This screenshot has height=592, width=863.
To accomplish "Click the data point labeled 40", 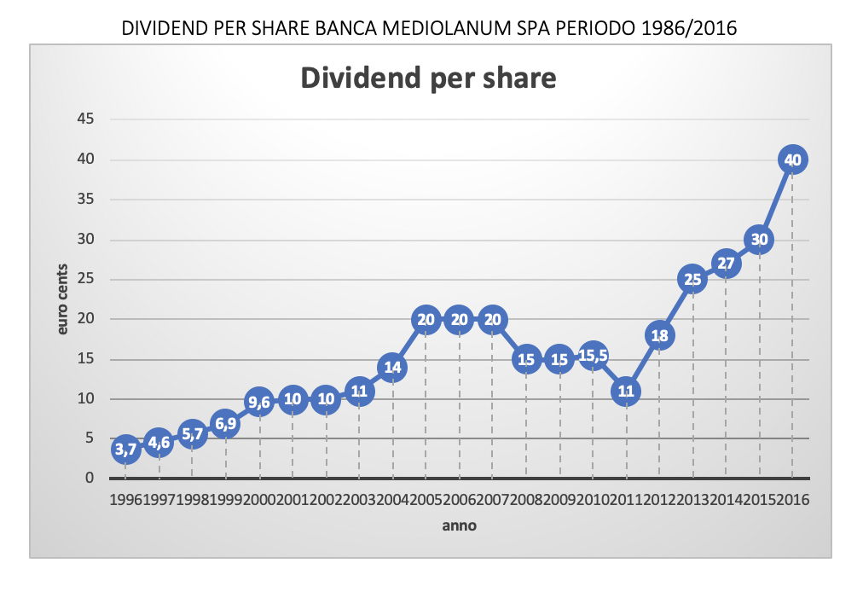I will [x=792, y=160].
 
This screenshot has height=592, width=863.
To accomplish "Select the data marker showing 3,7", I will [x=125, y=450].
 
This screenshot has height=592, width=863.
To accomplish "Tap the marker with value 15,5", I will [x=593, y=355].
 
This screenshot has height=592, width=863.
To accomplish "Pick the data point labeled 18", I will [x=659, y=335].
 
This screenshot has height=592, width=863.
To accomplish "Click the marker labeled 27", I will [x=726, y=264].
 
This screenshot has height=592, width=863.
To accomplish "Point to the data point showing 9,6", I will [x=259, y=402].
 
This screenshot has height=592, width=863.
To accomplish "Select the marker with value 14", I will [x=392, y=368].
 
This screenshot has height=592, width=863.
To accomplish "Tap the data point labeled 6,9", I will [x=226, y=424].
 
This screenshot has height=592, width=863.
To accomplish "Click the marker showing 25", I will [x=692, y=279].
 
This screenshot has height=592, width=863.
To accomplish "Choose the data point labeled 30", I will [x=759, y=240].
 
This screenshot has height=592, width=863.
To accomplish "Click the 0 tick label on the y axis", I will [x=88, y=479].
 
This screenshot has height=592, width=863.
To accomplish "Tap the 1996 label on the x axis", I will [x=125, y=499].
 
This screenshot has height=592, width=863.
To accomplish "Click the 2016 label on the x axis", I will [x=793, y=499].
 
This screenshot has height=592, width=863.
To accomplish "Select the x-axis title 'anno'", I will [x=459, y=526].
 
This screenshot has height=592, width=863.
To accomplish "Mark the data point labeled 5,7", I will [x=192, y=433].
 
